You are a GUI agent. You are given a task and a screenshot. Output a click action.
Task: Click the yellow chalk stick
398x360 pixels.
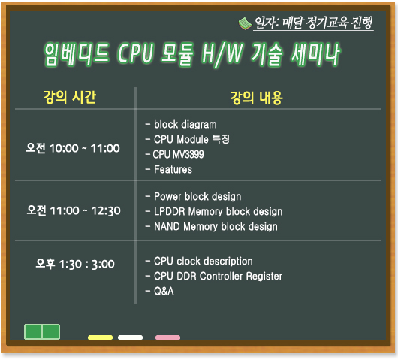(101, 337)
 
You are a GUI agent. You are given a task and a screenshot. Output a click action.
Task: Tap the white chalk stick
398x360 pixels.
(130, 337)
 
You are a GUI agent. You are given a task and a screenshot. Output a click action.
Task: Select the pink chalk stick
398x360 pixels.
(167, 337)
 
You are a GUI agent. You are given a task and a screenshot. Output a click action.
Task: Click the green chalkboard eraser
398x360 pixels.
(42, 331)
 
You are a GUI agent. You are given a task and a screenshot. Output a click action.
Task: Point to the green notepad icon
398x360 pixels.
(245, 23)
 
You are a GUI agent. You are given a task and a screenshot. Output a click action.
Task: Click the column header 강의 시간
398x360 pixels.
(70, 97)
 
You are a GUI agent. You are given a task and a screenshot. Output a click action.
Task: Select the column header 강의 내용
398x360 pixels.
(256, 98)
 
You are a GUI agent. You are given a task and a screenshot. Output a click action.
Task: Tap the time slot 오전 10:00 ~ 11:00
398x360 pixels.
(73, 148)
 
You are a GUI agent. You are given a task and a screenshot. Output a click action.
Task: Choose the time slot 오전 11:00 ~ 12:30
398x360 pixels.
(74, 210)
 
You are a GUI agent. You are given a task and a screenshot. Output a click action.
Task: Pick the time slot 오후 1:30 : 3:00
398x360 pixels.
(75, 264)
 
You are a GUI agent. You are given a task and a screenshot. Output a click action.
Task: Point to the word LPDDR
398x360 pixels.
(170, 211)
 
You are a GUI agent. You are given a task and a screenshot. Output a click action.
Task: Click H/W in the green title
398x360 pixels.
(222, 54)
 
